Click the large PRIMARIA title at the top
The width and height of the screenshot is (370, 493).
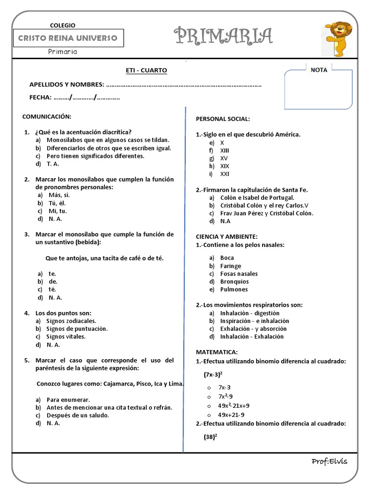pos(223,36)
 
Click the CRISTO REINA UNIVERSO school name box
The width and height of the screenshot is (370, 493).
pos(67,38)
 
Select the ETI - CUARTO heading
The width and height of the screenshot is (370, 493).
pos(146,70)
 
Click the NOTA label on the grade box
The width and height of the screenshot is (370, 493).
pos(318,70)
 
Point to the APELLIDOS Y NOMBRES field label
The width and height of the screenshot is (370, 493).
pos(66,85)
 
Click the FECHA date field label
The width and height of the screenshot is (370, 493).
pos(40,97)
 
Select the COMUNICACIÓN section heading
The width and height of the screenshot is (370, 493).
pos(47,117)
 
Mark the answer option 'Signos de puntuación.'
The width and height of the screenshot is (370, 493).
pos(77,329)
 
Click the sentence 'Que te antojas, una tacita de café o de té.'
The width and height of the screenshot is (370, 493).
pos(105,258)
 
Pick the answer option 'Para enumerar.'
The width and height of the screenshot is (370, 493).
pos(68,400)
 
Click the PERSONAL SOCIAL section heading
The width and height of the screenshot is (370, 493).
pos(223,119)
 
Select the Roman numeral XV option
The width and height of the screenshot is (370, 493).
pos(224,158)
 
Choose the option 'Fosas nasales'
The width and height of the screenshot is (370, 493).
pos(238,273)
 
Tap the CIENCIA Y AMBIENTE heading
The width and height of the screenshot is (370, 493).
pos(226,236)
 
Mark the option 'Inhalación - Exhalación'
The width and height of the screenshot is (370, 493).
pos(251,337)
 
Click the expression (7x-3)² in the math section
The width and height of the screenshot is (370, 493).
pos(212,374)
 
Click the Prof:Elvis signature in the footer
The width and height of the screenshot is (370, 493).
pos(329,462)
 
